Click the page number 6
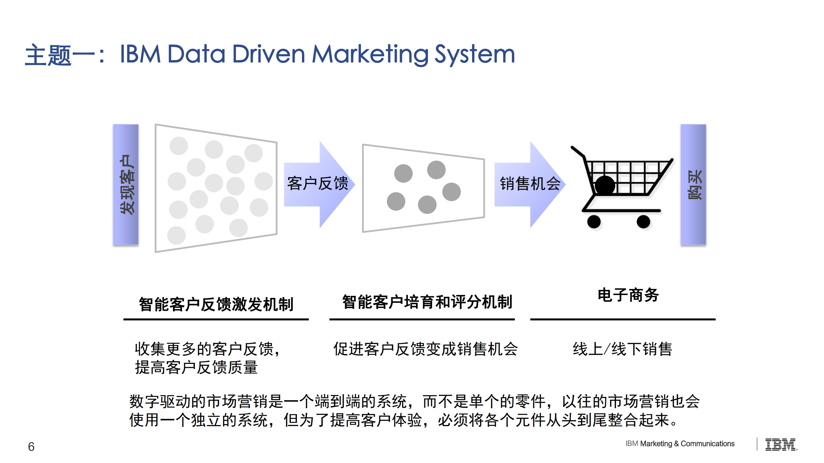(31, 447)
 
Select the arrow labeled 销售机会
(530, 184)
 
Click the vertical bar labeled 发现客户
(126, 184)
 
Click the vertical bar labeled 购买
(693, 184)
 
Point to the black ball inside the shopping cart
(605, 185)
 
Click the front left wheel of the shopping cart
(594, 222)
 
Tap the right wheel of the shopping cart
(643, 222)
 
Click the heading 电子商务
(628, 295)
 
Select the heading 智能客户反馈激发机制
(216, 304)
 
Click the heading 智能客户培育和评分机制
(427, 302)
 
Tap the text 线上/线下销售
(622, 349)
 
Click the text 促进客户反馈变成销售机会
(425, 349)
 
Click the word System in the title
(475, 54)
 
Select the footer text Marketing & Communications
(687, 444)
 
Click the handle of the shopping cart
(578, 152)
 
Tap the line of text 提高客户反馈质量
(196, 367)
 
